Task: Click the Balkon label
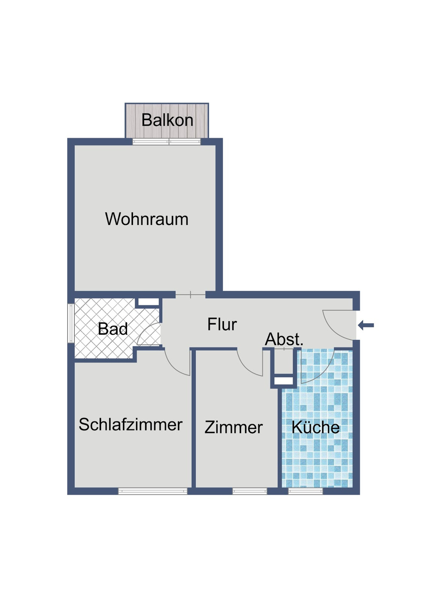pos(167,120)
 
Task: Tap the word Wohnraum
pos(147,219)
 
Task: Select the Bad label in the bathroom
pos(113,329)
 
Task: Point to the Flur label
pos(222,324)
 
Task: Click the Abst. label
pos(284,339)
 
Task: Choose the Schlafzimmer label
pos(130,425)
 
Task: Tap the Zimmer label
pos(233,427)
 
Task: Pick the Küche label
pos(315,427)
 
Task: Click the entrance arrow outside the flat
pos(366,326)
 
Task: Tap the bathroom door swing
pos(150,334)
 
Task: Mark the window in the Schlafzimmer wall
pos(153,491)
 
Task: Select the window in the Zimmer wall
pos(249,491)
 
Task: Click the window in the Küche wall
pos(305,491)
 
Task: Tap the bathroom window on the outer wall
pos(71,323)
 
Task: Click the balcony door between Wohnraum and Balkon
pos(166,142)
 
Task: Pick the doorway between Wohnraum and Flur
pos(190,294)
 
